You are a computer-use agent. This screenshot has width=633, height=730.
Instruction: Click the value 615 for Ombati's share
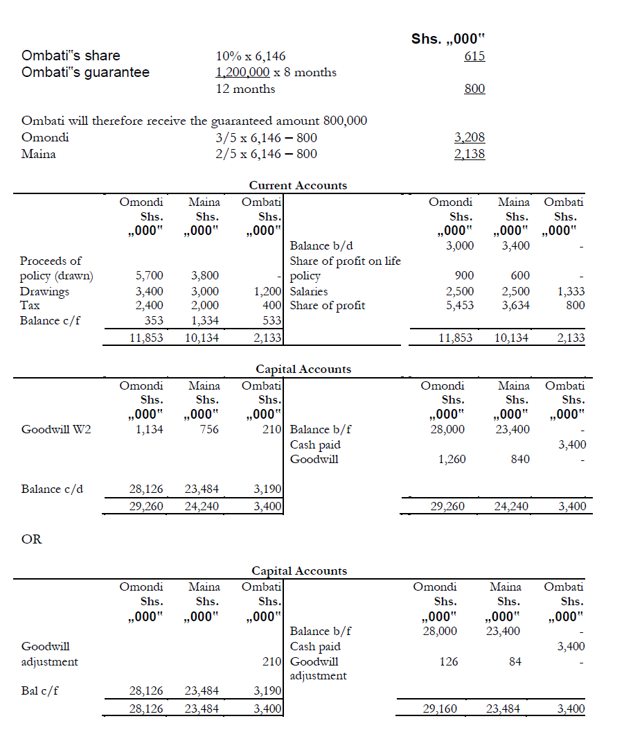pyautogui.click(x=474, y=56)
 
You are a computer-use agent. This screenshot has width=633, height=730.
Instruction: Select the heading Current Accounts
pyautogui.click(x=298, y=185)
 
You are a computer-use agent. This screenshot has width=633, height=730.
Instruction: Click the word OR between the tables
pyautogui.click(x=32, y=539)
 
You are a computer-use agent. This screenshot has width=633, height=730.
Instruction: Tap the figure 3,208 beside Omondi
pyautogui.click(x=470, y=138)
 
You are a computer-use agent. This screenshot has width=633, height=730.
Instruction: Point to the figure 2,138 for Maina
pyautogui.click(x=470, y=154)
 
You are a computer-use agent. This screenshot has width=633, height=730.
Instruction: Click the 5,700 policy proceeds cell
pyautogui.click(x=150, y=276)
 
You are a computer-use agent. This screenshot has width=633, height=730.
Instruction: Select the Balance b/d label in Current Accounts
pyautogui.click(x=321, y=245)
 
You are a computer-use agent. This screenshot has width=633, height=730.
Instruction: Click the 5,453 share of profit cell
pyautogui.click(x=460, y=305)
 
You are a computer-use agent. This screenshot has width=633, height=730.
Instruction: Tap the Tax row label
pyautogui.click(x=30, y=305)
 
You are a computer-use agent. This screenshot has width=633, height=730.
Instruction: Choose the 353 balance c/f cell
pyautogui.click(x=154, y=320)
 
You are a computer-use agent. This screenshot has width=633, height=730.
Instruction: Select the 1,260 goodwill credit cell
pyautogui.click(x=452, y=459)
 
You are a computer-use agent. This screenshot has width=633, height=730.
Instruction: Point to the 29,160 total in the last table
pyautogui.click(x=439, y=709)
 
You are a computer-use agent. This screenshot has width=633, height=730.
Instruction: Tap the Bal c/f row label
pyautogui.click(x=39, y=690)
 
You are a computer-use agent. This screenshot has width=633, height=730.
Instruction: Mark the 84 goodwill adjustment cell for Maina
pyautogui.click(x=515, y=661)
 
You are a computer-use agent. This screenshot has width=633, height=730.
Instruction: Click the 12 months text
pyautogui.click(x=245, y=89)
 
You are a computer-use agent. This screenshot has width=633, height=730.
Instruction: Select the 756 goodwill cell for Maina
pyautogui.click(x=208, y=429)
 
